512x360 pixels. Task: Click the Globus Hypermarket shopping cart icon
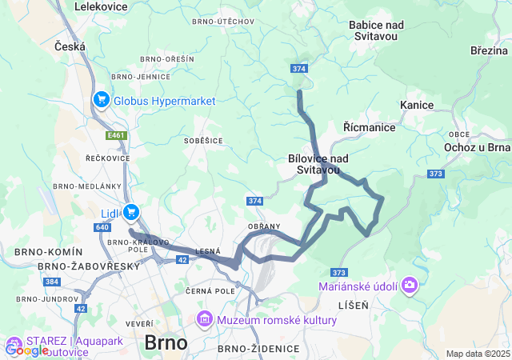102,100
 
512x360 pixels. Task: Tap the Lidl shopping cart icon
132,212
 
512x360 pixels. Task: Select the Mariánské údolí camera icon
410,284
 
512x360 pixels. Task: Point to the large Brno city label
166,342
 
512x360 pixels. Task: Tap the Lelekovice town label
102,6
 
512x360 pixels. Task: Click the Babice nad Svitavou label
376,30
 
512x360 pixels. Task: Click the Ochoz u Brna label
478,147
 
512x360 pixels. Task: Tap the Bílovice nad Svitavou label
318,164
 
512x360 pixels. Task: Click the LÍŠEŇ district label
352,305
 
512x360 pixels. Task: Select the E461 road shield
117,135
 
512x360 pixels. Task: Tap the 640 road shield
102,227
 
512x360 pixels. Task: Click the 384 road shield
52,282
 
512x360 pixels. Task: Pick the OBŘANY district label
264,227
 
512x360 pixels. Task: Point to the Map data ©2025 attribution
478,354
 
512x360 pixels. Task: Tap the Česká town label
70,47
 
